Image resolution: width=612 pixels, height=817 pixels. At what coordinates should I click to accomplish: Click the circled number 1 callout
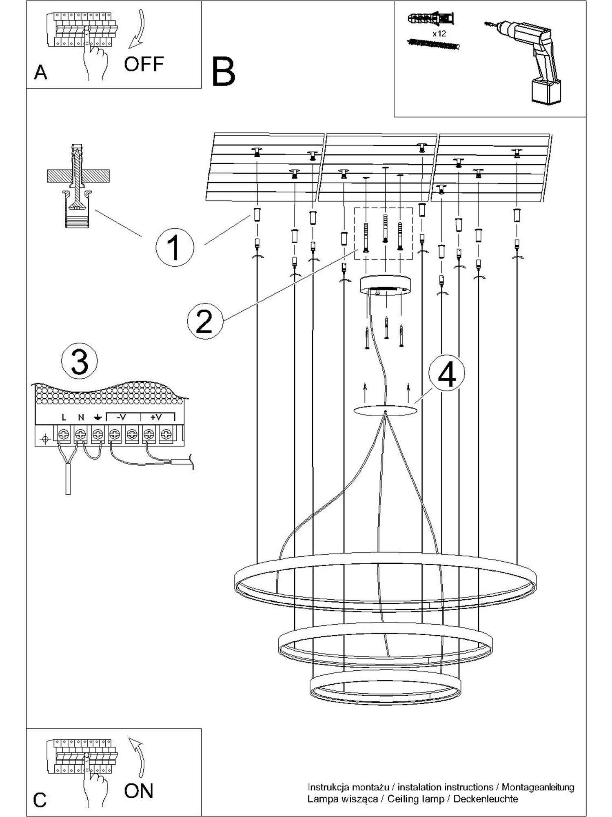pyautogui.click(x=175, y=247)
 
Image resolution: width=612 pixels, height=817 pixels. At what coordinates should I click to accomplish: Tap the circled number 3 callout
pyautogui.click(x=79, y=361)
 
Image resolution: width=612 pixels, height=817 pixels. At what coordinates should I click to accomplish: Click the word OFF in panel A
pyautogui.click(x=144, y=64)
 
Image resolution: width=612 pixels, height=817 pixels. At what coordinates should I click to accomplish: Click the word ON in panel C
pyautogui.click(x=139, y=791)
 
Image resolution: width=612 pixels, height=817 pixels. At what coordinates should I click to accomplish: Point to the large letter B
pyautogui.click(x=224, y=71)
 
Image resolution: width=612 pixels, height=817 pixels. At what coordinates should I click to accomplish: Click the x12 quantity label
pyautogui.click(x=439, y=33)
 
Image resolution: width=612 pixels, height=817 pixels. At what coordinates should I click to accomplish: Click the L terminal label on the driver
pyautogui.click(x=64, y=417)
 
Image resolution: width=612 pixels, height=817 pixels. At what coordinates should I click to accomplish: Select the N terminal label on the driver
pyautogui.click(x=81, y=417)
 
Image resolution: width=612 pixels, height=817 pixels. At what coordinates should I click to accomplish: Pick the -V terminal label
pyautogui.click(x=121, y=417)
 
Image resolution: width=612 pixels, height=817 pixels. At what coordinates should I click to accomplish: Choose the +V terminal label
pyautogui.click(x=156, y=417)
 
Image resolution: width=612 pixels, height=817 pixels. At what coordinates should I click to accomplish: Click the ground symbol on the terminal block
pyautogui.click(x=98, y=417)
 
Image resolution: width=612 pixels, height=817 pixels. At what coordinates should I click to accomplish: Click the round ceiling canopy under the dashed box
pyautogui.click(x=385, y=285)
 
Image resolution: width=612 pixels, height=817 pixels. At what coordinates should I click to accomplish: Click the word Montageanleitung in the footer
pyautogui.click(x=538, y=787)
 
